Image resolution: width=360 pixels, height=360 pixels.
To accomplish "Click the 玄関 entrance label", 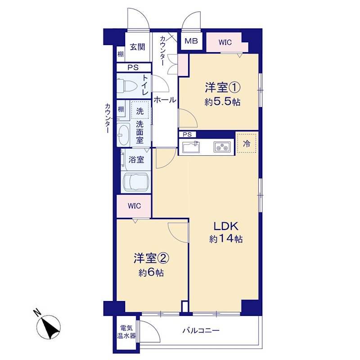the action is pyautogui.click(x=137, y=47).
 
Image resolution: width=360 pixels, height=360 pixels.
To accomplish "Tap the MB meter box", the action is pyautogui.click(x=192, y=41).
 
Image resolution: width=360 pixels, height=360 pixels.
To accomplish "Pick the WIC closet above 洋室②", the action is pyautogui.click(x=134, y=206).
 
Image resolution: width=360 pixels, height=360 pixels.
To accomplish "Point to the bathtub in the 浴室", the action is pyautogui.click(x=136, y=182).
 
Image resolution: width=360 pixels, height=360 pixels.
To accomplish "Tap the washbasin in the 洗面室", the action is pyautogui.click(x=123, y=135).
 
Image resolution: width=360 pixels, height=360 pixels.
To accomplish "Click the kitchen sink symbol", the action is pyautogui.click(x=191, y=147).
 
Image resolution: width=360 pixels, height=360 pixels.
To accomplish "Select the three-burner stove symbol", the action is pyautogui.click(x=222, y=147).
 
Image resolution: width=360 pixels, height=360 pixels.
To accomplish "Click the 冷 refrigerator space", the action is pyautogui.click(x=247, y=143).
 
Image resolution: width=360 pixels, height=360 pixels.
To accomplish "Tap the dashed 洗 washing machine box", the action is pyautogui.click(x=140, y=109).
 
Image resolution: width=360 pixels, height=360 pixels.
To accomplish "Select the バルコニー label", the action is pyautogui.click(x=201, y=331).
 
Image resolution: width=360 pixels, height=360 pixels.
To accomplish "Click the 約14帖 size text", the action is pyautogui.click(x=226, y=239).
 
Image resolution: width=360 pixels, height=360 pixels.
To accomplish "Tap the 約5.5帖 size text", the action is pyautogui.click(x=222, y=102).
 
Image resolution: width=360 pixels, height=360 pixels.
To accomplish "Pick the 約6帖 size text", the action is pyautogui.click(x=151, y=273).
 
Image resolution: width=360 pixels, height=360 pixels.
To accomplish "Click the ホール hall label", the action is pyautogui.click(x=165, y=100).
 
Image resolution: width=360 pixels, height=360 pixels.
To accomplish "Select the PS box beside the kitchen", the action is pyautogui.click(x=187, y=134).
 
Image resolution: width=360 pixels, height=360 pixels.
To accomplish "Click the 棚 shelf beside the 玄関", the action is pyautogui.click(x=121, y=54).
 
